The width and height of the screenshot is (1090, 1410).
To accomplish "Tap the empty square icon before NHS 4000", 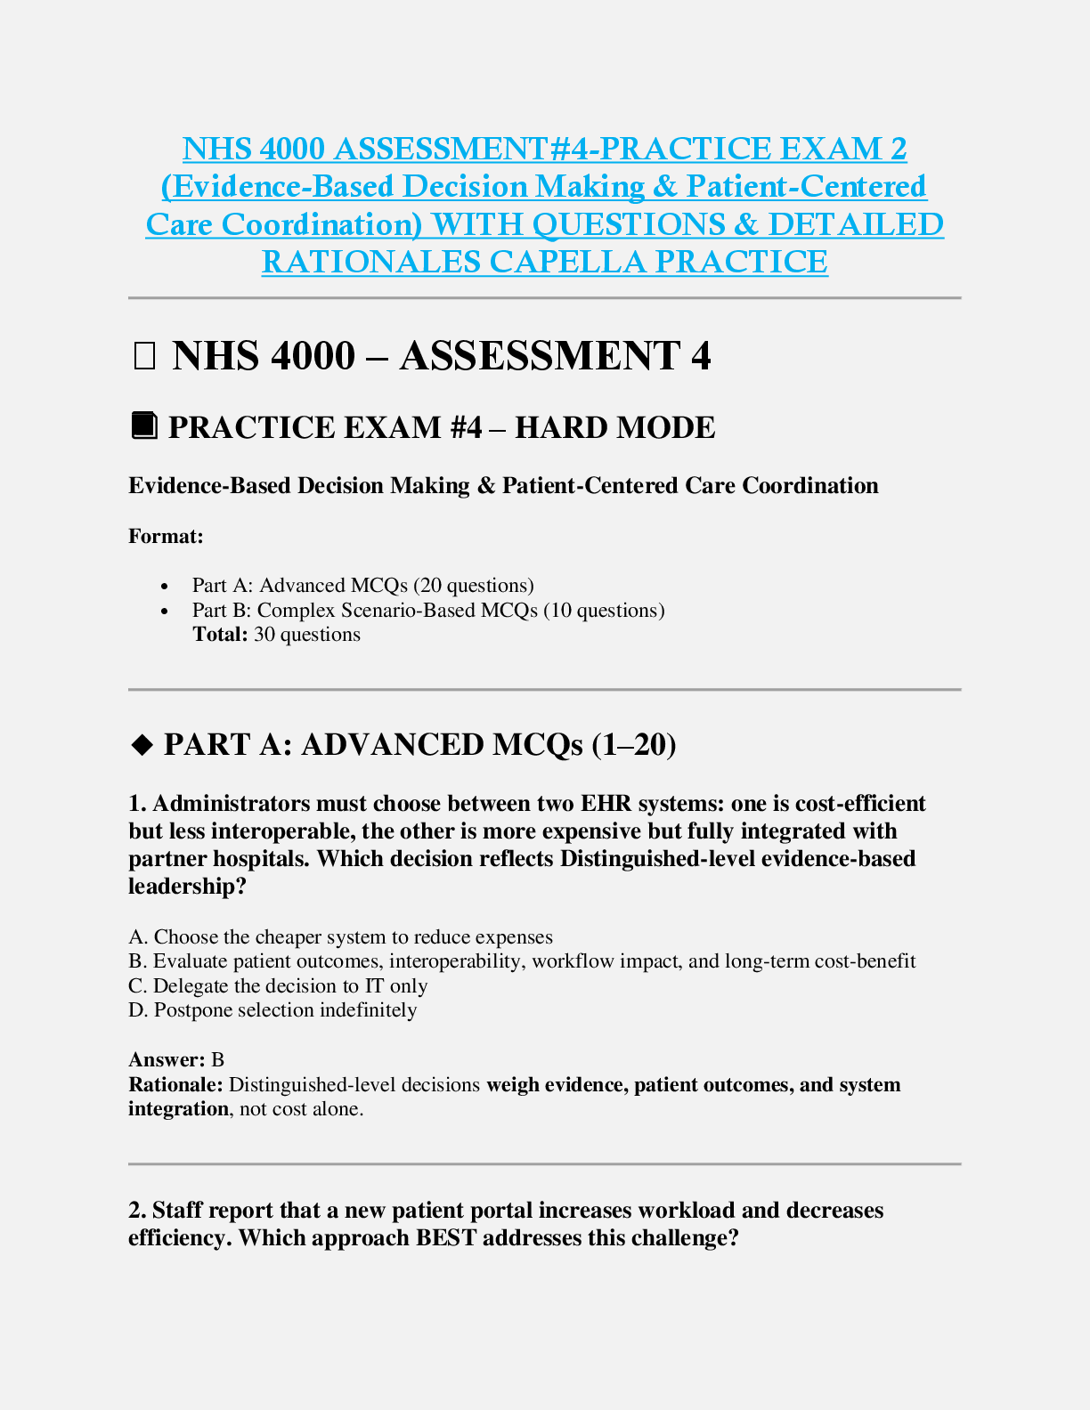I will (x=143, y=356).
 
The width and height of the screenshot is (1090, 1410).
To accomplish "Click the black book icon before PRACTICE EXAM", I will (x=144, y=425).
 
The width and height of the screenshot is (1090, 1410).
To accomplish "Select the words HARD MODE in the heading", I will (x=614, y=427).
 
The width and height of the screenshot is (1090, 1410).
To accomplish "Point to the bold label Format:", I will (x=166, y=536).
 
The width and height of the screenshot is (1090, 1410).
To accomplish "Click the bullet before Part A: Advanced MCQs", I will (x=165, y=586).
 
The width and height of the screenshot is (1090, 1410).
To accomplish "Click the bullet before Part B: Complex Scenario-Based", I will (x=165, y=611).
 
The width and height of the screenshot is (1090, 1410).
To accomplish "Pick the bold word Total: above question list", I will (x=220, y=635).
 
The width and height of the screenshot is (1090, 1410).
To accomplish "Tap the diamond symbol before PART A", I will (x=142, y=745).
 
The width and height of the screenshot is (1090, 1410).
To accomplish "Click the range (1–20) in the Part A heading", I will (x=633, y=745).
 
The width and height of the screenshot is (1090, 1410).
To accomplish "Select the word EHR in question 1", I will (x=606, y=804).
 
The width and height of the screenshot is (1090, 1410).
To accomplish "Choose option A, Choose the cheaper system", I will (x=340, y=937).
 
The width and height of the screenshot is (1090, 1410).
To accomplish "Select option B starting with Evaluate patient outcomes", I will (x=522, y=961).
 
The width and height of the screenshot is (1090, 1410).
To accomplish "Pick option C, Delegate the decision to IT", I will (x=278, y=986).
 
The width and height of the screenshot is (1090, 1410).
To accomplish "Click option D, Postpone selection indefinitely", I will (x=272, y=1010).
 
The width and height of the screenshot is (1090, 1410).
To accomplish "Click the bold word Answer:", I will (x=167, y=1060).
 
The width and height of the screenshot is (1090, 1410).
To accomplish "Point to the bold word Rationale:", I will (x=175, y=1085).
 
